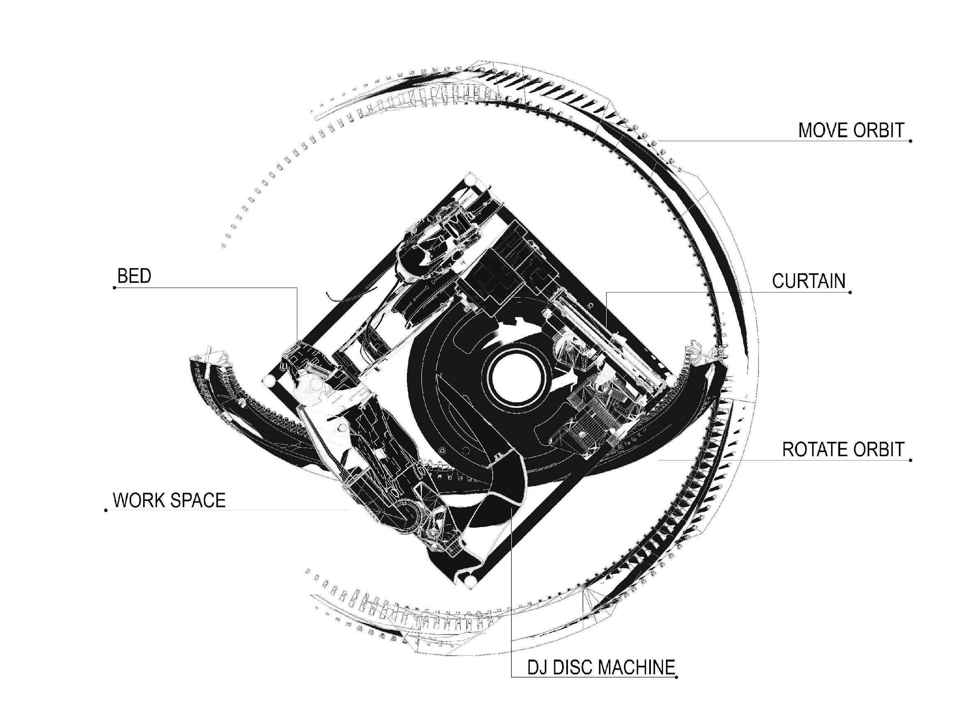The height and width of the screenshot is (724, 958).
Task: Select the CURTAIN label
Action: [x=809, y=281]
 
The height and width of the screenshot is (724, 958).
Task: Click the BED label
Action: [x=134, y=276]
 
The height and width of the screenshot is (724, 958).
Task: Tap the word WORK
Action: [x=139, y=500]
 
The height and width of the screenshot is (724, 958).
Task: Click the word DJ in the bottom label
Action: [x=538, y=667]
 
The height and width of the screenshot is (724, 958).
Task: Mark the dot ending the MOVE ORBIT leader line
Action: [x=911, y=141]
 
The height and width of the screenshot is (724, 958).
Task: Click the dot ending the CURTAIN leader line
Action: [x=850, y=292]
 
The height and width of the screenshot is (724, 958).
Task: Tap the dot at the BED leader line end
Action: [x=114, y=288]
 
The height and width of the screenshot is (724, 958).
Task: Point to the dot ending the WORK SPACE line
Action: [x=106, y=510]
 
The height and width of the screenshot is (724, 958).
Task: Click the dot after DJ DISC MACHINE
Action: [x=676, y=677]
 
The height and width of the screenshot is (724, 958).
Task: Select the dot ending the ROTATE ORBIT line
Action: [x=911, y=459]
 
